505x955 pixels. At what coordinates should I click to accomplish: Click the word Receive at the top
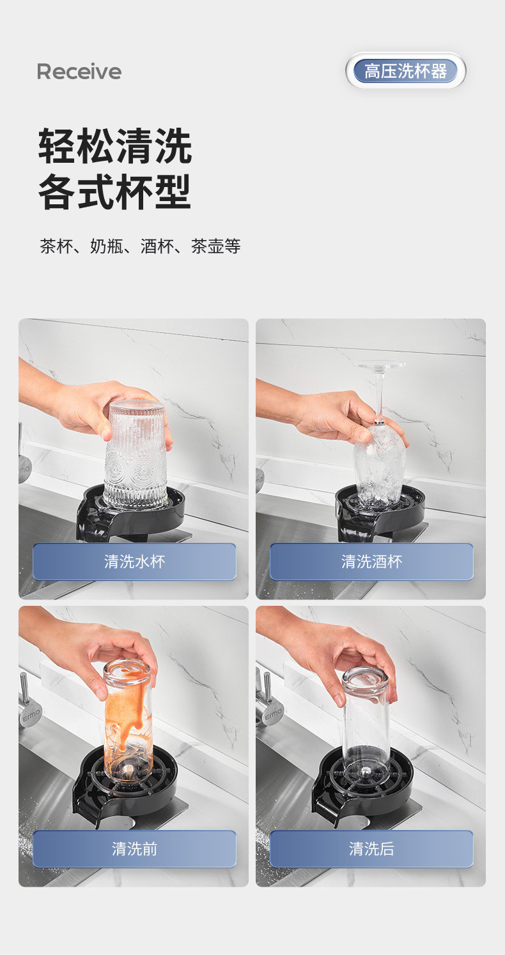(x=79, y=71)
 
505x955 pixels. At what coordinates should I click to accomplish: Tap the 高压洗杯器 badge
(x=405, y=71)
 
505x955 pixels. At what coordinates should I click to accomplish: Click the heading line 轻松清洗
(x=115, y=146)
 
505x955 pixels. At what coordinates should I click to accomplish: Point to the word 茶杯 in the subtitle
(x=56, y=246)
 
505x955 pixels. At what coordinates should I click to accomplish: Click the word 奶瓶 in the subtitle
(x=107, y=246)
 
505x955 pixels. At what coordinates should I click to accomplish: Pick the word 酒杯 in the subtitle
(x=157, y=246)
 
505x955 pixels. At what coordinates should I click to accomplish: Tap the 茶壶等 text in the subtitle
(x=215, y=246)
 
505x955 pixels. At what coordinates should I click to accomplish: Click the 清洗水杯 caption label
(x=134, y=562)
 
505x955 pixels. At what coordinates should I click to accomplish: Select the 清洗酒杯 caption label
(x=371, y=562)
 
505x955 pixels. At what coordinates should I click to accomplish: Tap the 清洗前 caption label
(x=134, y=849)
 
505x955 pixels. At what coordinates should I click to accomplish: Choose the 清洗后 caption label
(x=371, y=849)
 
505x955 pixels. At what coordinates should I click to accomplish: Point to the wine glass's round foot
(x=378, y=365)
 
